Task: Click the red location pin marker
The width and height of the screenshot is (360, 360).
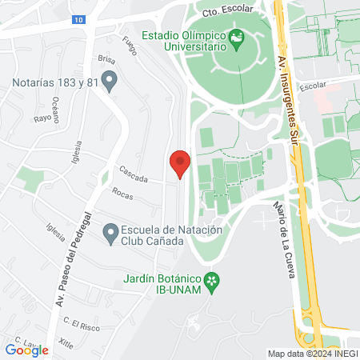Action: tap(180, 164)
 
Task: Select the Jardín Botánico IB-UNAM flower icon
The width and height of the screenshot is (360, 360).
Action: tap(212, 280)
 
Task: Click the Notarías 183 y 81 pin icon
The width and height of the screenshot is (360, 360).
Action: tap(111, 80)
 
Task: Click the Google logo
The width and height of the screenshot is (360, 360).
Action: tap(27, 349)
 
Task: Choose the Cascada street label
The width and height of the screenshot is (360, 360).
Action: tap(133, 174)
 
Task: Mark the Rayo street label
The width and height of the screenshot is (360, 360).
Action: tap(42, 118)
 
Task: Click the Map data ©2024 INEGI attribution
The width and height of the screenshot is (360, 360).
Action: tap(312, 354)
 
